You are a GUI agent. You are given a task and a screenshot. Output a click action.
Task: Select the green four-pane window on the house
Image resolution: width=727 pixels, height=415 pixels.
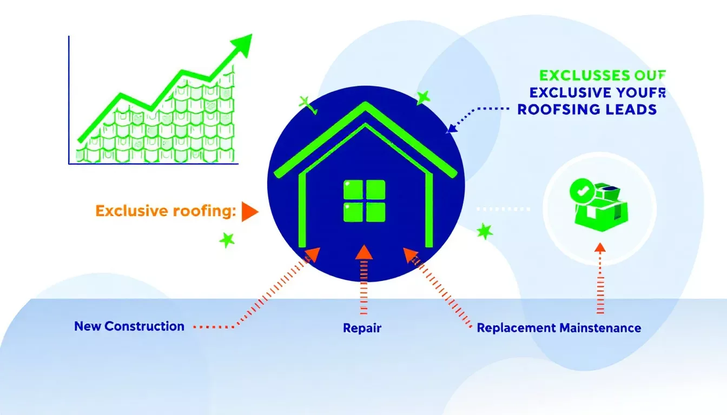[x=364, y=200]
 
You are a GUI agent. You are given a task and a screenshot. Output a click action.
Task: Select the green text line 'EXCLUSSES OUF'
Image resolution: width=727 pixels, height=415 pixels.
[x=602, y=75]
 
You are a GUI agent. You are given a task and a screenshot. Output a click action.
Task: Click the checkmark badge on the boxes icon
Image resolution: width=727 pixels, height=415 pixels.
[x=580, y=190]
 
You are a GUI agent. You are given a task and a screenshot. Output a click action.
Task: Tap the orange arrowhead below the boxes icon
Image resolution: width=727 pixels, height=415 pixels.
[x=599, y=248]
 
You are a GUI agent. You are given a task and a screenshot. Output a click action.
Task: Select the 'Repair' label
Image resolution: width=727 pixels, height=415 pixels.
[x=362, y=328]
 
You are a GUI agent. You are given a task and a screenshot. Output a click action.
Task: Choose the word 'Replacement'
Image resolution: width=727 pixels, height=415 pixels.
[x=517, y=328]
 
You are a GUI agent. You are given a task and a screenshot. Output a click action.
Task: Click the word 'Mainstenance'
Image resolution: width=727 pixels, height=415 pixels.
[x=601, y=328]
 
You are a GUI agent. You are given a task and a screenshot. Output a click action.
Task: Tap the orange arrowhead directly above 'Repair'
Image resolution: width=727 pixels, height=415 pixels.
[x=363, y=251]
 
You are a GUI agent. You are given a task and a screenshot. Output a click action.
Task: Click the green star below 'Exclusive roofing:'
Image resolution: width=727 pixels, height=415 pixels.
[x=227, y=239]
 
